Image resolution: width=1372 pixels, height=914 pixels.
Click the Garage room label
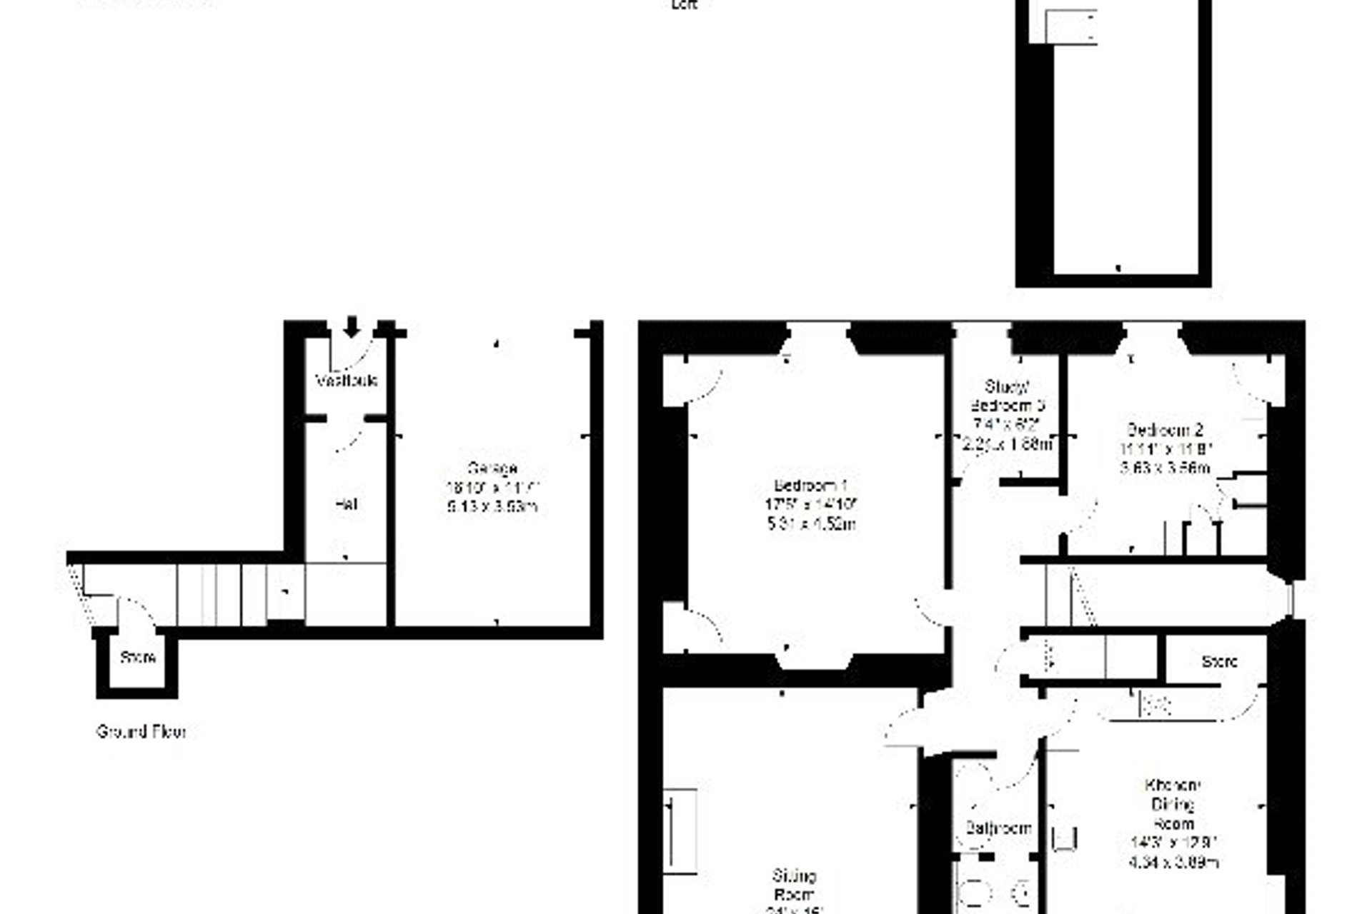(492, 469)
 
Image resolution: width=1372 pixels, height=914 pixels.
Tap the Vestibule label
(347, 381)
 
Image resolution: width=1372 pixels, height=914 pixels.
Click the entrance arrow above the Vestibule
(351, 326)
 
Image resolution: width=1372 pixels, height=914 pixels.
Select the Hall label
(346, 504)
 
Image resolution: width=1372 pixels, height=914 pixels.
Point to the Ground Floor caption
(141, 732)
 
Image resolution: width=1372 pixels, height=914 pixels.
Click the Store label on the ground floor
(138, 657)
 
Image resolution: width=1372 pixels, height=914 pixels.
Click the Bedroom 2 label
(1165, 430)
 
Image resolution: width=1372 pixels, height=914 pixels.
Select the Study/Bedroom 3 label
(1008, 396)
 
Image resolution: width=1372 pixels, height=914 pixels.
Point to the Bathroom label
(998, 828)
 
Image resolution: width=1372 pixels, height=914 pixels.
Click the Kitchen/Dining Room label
(1173, 804)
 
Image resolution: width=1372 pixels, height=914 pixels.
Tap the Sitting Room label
(794, 885)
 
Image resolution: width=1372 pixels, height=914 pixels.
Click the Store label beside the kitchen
(1219, 662)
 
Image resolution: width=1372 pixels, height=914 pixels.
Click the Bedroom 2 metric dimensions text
(1165, 468)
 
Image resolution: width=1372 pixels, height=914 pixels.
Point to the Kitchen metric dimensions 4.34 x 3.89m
(1173, 862)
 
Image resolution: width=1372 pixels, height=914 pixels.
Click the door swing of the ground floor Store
(136, 613)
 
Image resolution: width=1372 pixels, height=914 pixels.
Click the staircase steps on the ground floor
(222, 594)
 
